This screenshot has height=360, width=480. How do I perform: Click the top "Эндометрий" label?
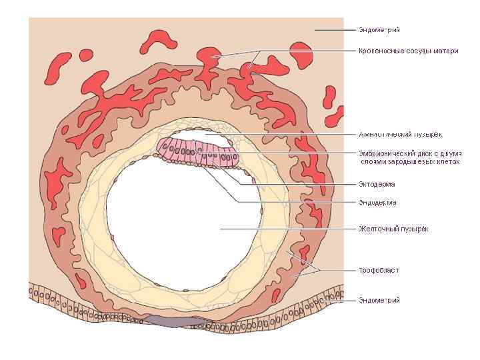pos(379,30)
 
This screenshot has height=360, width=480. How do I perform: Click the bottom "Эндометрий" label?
pos(379,301)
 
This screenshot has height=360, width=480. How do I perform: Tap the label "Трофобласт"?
pos(379,270)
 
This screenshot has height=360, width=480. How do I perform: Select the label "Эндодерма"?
pos(378,202)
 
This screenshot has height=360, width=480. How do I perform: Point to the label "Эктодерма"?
pos(377,184)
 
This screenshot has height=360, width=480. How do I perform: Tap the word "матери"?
pos(445,51)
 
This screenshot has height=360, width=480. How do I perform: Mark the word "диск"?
pos(428,153)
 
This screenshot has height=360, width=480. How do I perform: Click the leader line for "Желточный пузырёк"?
pos(287,229)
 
